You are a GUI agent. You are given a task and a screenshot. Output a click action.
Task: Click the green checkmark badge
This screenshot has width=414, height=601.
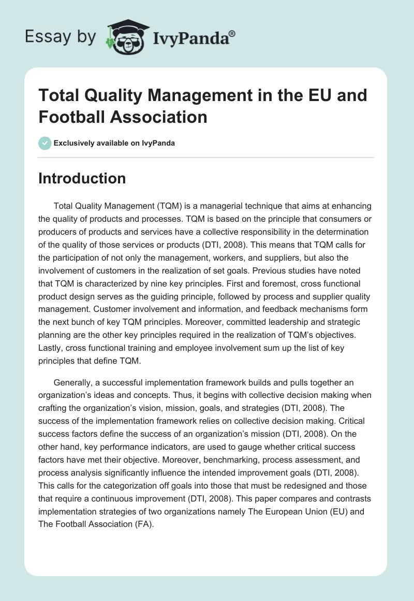(45, 143)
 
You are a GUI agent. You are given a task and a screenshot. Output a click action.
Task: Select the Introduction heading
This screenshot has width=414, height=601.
(82, 178)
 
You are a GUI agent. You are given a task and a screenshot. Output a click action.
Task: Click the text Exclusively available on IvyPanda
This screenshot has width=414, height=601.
(114, 143)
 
